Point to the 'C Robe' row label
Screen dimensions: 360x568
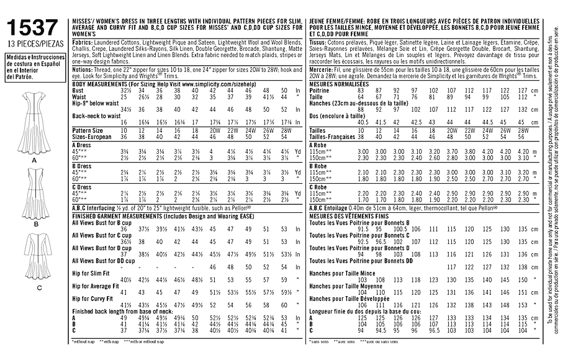pyautogui.click(x=318, y=186)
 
